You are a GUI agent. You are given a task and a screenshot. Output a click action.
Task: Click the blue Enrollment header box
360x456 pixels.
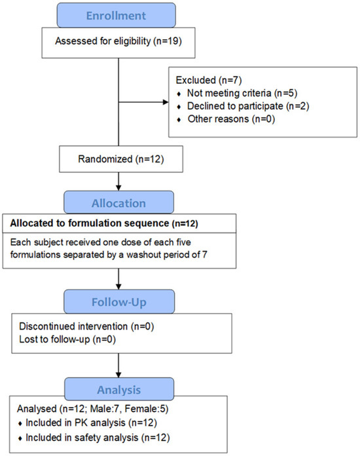click(x=117, y=15)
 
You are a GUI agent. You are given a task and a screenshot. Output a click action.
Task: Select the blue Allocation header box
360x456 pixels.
click(x=119, y=202)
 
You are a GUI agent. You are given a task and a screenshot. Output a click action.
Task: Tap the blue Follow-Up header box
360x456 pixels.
click(x=119, y=301)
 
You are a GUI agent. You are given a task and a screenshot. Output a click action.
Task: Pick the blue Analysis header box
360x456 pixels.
click(x=119, y=389)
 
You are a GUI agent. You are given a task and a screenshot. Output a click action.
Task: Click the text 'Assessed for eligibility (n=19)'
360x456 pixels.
click(x=118, y=41)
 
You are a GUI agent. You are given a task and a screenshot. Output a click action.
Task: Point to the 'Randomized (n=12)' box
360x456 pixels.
click(x=121, y=159)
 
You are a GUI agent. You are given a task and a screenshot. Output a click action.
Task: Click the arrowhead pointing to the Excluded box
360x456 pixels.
click(x=166, y=102)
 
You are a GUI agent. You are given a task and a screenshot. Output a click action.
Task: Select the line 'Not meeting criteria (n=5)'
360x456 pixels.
click(x=242, y=93)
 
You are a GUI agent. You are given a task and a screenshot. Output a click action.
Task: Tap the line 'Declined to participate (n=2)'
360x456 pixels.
click(x=248, y=106)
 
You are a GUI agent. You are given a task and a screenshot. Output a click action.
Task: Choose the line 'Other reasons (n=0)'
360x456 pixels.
click(x=231, y=119)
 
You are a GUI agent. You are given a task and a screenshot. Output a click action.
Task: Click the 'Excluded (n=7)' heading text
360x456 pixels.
click(x=209, y=80)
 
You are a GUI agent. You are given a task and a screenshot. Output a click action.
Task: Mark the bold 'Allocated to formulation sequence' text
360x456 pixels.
click(x=90, y=223)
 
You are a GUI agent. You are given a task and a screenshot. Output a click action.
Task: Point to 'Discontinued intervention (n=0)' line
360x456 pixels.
click(x=86, y=326)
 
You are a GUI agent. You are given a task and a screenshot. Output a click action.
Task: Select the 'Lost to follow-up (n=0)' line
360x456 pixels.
click(x=67, y=339)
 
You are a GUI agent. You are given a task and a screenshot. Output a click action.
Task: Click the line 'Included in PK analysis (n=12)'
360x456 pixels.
click(x=91, y=423)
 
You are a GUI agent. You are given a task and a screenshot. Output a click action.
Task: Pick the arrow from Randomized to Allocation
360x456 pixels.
click(x=118, y=181)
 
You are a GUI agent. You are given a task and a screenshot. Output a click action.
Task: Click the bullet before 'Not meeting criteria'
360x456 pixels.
click(x=179, y=94)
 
